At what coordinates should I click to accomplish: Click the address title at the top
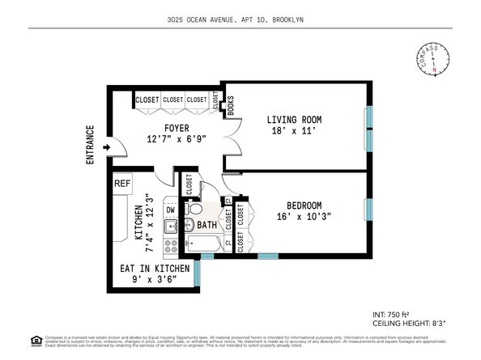(x=240, y=19)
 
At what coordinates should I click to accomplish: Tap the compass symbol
(x=435, y=61)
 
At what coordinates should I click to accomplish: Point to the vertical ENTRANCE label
(x=90, y=146)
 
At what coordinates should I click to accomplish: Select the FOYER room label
(x=177, y=127)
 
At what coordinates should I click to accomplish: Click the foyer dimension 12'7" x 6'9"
(x=177, y=140)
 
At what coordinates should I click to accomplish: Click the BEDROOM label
(x=304, y=205)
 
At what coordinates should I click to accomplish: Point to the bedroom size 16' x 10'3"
(x=304, y=218)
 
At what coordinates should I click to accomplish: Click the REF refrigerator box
(x=122, y=184)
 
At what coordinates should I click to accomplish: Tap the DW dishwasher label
(x=171, y=210)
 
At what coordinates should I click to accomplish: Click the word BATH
(x=206, y=225)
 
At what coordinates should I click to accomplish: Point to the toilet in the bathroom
(x=191, y=210)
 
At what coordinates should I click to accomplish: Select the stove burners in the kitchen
(x=171, y=244)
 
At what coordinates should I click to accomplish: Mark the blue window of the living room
(x=369, y=126)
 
